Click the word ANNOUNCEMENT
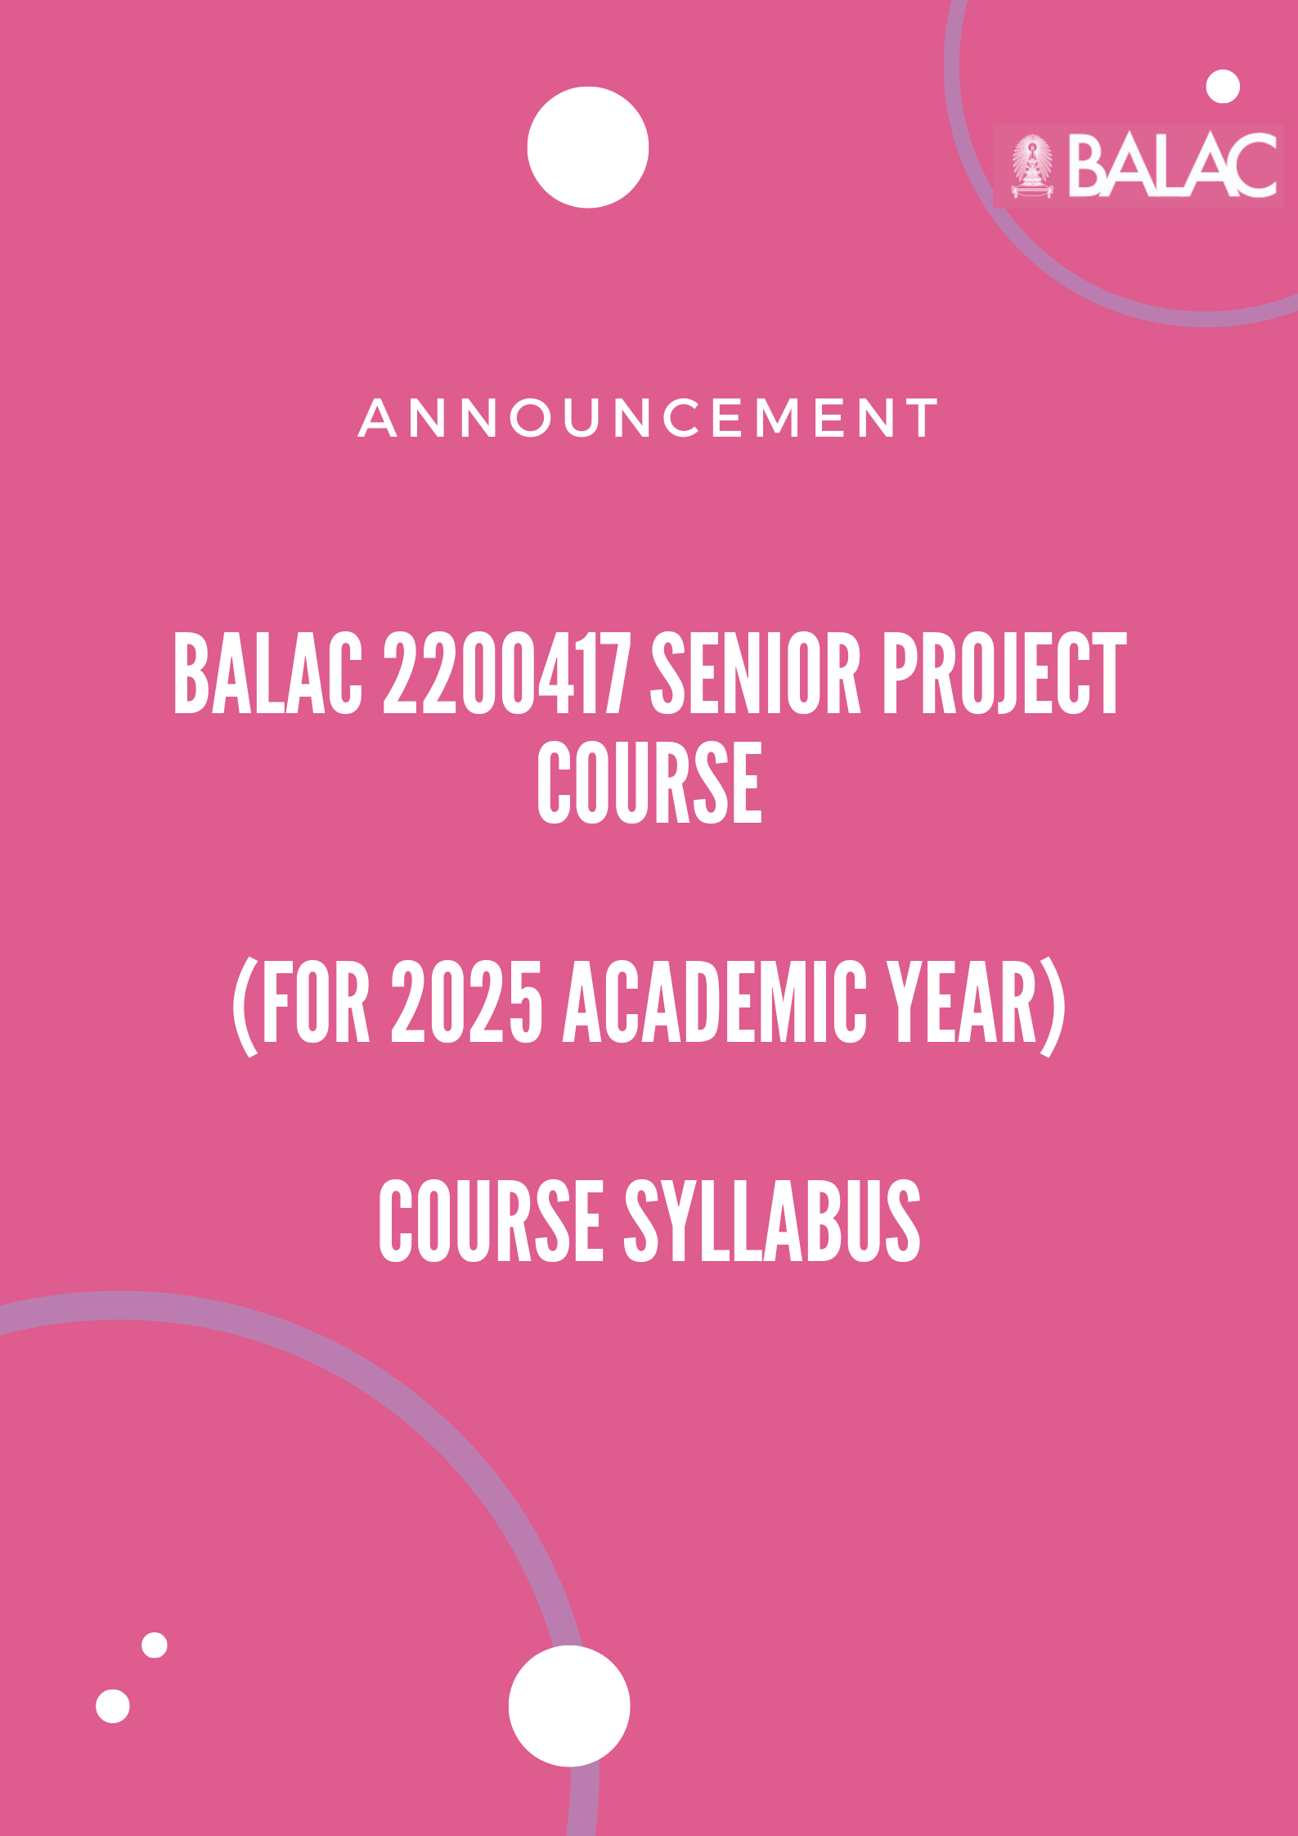pyautogui.click(x=649, y=418)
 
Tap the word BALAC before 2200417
pyautogui.click(x=267, y=673)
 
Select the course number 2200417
pyautogui.click(x=507, y=673)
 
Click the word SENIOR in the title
pyautogui.click(x=756, y=673)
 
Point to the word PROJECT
pyautogui.click(x=1004, y=673)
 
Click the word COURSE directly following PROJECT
pyautogui.click(x=649, y=783)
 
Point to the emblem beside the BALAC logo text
pyautogui.click(x=1032, y=166)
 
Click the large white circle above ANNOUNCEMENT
pyautogui.click(x=588, y=147)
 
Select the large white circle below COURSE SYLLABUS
pyautogui.click(x=569, y=1705)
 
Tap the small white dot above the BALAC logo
pyautogui.click(x=1223, y=87)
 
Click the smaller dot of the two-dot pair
pyautogui.click(x=155, y=1645)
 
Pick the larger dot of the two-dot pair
pyautogui.click(x=113, y=1706)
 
